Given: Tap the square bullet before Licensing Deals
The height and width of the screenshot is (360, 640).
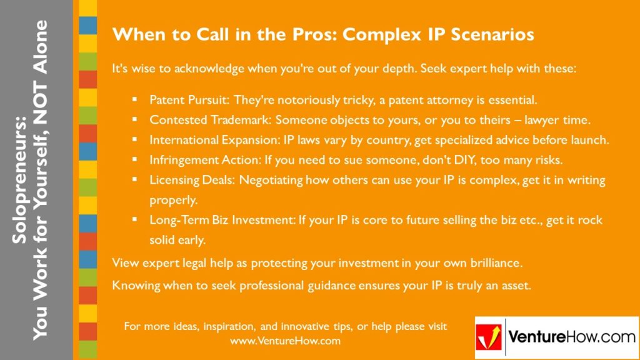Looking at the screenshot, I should point(134,180).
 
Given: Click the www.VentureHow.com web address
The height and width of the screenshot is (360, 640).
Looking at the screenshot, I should point(285,341).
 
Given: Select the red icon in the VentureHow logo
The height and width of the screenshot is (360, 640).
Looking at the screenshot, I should point(489,338).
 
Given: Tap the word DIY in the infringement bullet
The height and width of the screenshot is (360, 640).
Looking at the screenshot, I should point(444,160).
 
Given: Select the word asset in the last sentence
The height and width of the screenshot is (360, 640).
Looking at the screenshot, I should point(516,286).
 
